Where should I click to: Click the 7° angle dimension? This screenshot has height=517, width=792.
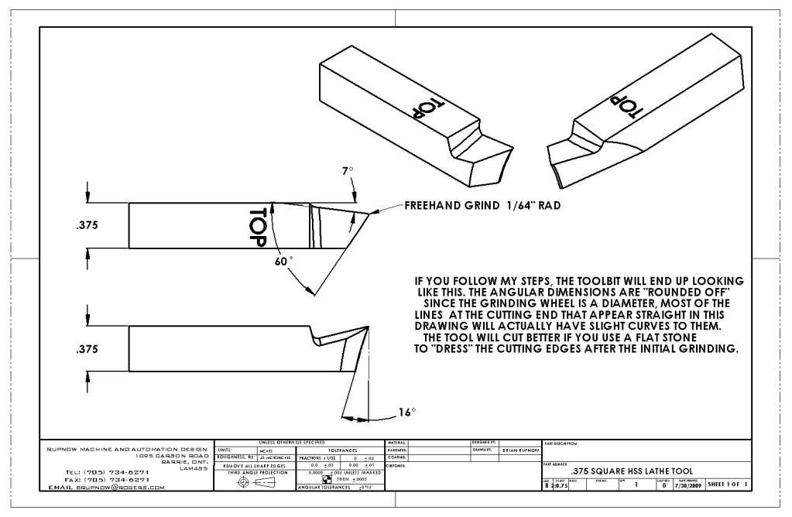(x=348, y=170)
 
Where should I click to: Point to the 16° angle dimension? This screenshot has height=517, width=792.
(x=408, y=412)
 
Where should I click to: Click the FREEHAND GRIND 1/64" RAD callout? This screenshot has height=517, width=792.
(x=481, y=207)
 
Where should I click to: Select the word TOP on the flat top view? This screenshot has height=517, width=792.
(x=259, y=226)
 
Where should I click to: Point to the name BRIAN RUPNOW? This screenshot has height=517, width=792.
(x=518, y=449)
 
